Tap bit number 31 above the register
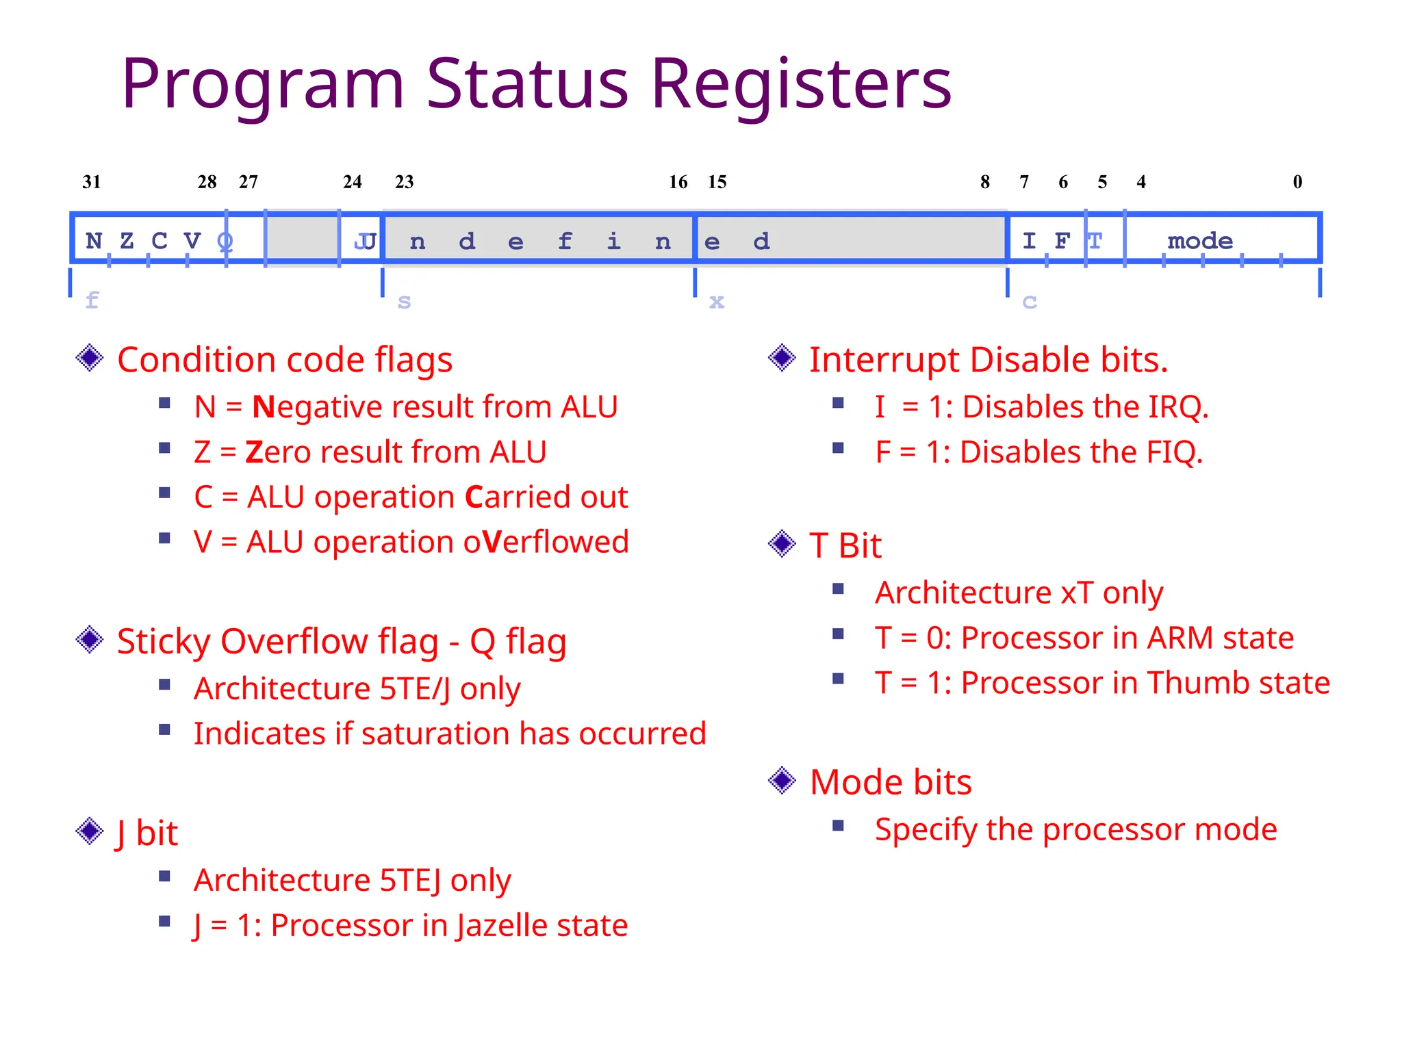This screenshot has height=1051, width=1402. coord(92,182)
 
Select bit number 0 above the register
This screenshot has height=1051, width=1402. coord(1297,182)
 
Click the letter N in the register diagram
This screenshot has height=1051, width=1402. coord(94,241)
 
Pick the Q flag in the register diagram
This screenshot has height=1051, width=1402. coord(225,241)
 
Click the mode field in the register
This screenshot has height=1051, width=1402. coord(1200,241)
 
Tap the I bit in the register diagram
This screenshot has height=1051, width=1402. coord(1029,241)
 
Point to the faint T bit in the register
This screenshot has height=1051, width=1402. coord(1095,241)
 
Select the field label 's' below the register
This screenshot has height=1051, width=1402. coord(404,301)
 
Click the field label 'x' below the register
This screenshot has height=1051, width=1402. coord(716,301)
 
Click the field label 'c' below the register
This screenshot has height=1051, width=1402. coord(1029,301)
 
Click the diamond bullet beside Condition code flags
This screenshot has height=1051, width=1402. coord(90,358)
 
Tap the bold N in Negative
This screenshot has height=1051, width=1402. coord(263,407)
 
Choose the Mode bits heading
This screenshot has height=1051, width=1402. coord(890,782)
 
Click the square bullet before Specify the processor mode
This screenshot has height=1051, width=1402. coord(838,826)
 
